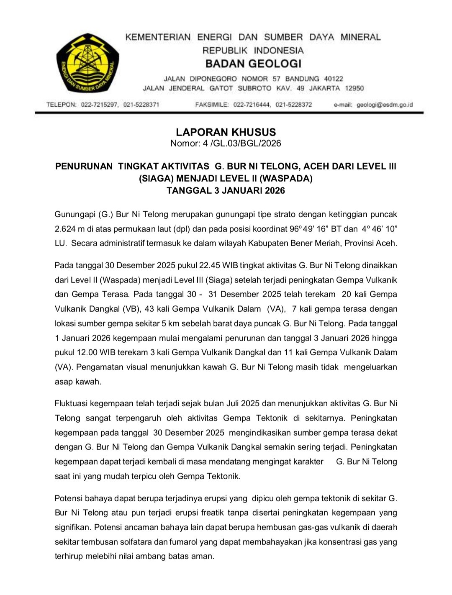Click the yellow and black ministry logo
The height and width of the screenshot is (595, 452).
tap(88, 63)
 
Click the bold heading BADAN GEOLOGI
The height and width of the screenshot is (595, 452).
tap(253, 64)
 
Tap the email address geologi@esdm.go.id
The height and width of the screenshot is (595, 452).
tap(385, 105)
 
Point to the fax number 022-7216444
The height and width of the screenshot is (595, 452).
tap(252, 105)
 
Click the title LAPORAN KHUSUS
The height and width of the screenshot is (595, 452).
tap(226, 132)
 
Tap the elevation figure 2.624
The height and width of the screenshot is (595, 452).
tap(66, 229)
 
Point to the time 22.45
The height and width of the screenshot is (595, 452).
tap(209, 265)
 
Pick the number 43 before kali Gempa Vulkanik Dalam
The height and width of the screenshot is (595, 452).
tap(149, 309)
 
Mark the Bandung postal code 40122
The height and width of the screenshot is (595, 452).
tap(333, 79)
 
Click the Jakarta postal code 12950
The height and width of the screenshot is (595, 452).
tap(354, 88)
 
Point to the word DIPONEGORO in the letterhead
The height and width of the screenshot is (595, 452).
tap(213, 79)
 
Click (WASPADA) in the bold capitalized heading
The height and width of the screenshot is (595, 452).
tap(286, 178)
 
